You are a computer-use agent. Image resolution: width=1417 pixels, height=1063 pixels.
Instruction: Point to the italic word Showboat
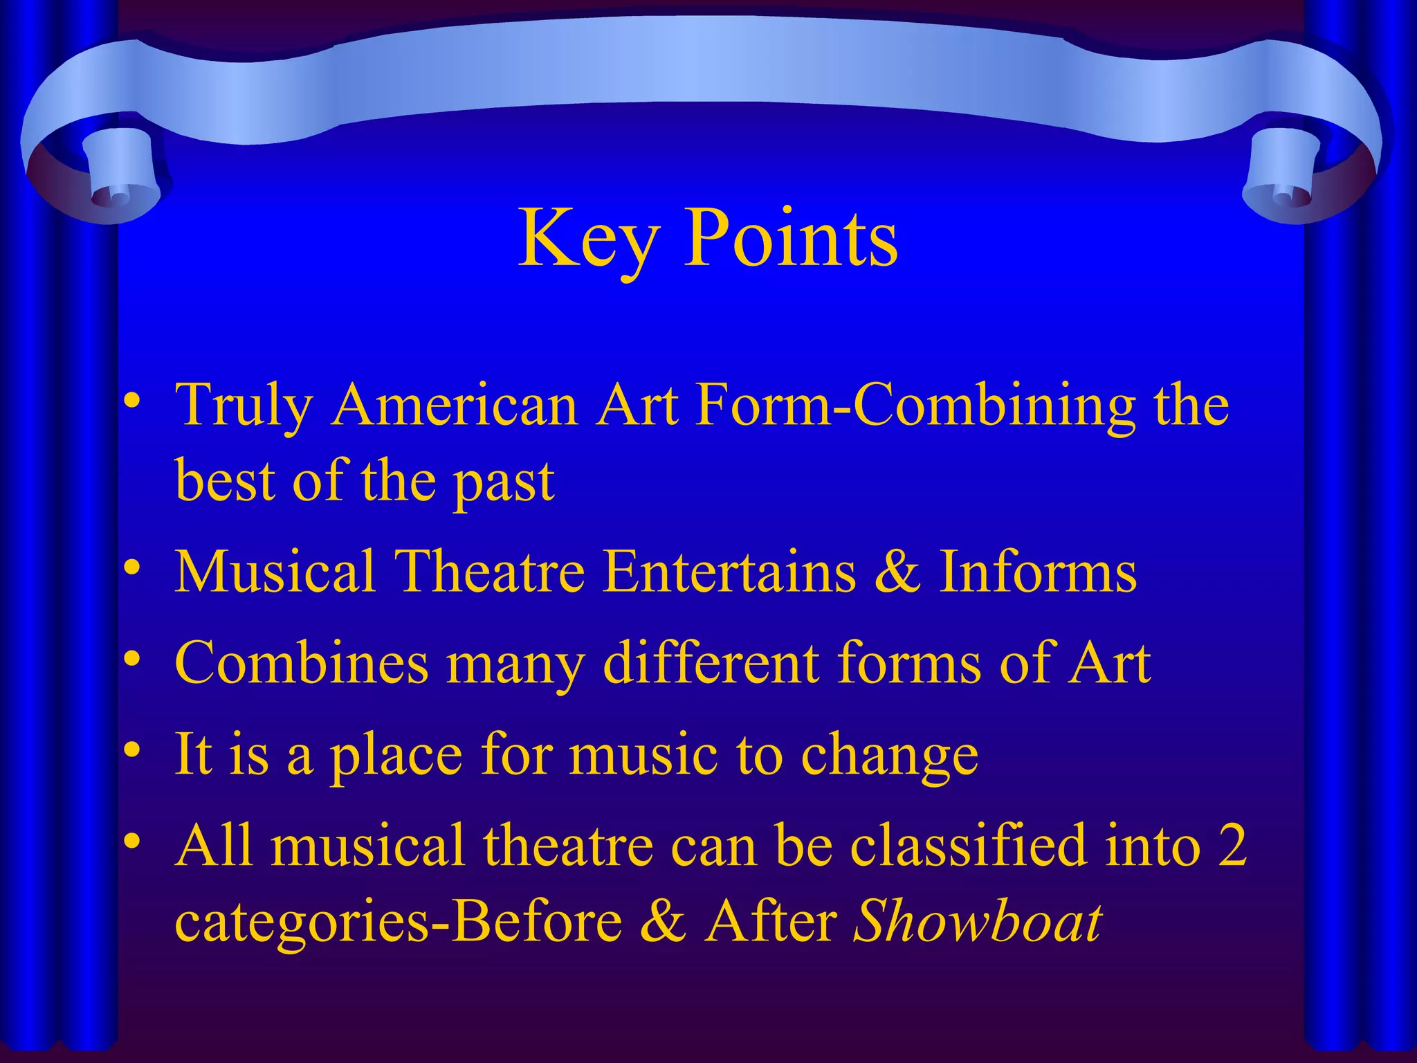[x=977, y=921]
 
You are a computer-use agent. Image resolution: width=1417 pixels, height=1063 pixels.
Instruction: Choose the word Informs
[x=1037, y=572]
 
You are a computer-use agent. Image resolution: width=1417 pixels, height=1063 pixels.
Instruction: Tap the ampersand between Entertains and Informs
[x=897, y=572]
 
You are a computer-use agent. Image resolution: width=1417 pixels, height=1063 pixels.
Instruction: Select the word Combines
[x=302, y=663]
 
